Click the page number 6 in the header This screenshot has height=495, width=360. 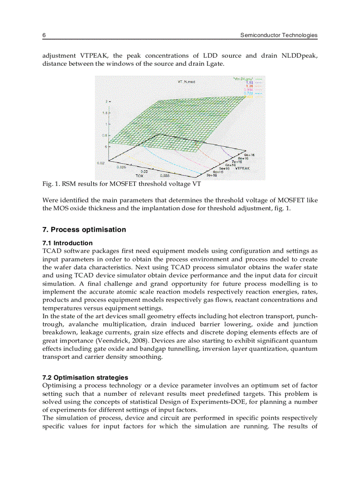click(44, 35)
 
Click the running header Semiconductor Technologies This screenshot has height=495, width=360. click(278, 35)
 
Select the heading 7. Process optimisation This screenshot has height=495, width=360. click(84, 230)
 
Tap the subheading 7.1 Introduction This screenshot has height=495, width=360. click(67, 243)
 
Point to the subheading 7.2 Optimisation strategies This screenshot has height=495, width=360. click(85, 377)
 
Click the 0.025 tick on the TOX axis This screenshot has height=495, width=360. click(121, 167)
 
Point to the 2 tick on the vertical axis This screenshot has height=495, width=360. click(106, 101)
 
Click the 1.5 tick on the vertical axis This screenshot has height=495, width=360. click(105, 113)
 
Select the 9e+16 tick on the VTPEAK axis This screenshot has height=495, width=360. click(249, 155)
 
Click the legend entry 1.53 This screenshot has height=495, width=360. click(249, 82)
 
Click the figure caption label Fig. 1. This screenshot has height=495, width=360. click(49, 184)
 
